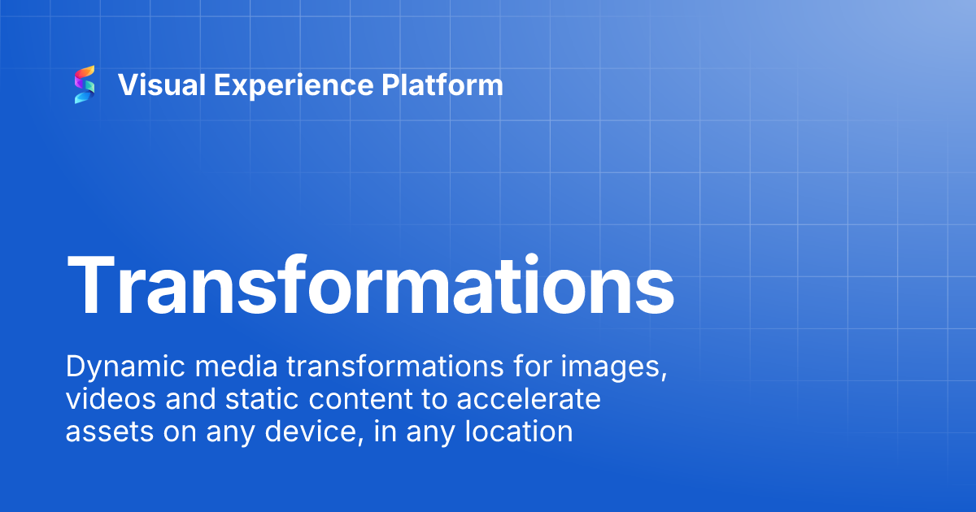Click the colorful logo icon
click(x=85, y=85)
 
